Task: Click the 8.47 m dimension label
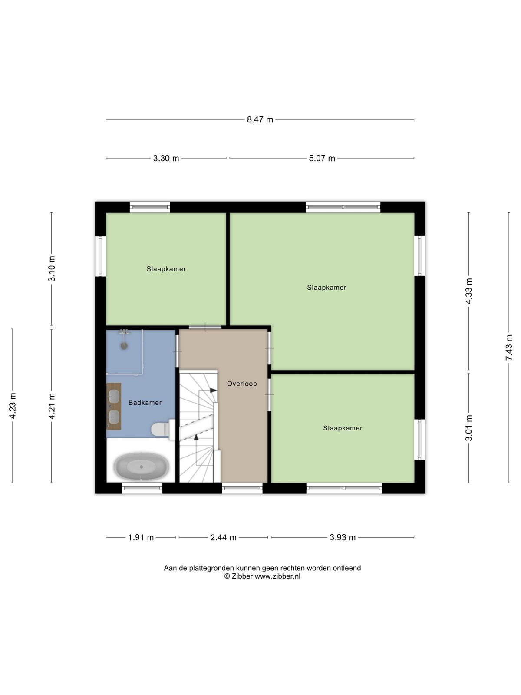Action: [260, 120]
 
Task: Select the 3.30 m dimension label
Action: [166, 158]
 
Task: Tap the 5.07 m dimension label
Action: [322, 158]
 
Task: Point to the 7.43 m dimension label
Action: [509, 347]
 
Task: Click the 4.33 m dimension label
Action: [468, 291]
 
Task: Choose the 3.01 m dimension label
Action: [468, 428]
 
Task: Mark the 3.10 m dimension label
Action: [52, 268]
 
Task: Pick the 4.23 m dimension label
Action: [12, 406]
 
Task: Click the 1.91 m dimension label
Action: [141, 537]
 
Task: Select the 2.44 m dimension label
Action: [223, 537]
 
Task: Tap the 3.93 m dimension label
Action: [343, 537]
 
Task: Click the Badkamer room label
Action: [145, 402]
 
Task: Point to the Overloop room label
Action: [242, 384]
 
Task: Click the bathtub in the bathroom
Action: [141, 467]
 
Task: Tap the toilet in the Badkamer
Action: [163, 430]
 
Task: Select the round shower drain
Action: [124, 346]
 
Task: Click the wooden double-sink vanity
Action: [114, 406]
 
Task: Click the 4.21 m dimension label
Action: [52, 406]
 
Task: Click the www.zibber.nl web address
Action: [277, 576]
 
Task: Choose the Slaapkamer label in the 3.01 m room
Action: [343, 428]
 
